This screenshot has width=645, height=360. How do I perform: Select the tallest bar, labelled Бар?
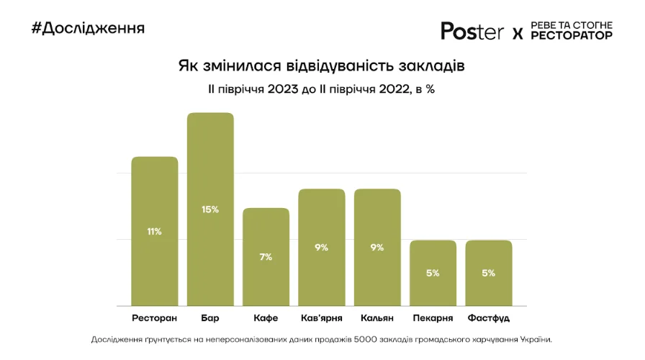coord(210,209)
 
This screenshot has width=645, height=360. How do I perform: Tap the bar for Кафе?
coord(266,256)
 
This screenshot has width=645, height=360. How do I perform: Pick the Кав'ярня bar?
coord(322,247)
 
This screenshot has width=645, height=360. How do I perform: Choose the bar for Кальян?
coord(377,247)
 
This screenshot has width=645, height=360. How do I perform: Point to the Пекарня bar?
coord(433,273)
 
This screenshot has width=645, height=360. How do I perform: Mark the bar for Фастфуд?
coord(489,273)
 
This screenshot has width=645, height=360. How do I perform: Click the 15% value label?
coord(210,210)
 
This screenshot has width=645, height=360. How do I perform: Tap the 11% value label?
coord(154,232)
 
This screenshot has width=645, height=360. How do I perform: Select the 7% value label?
coord(266,257)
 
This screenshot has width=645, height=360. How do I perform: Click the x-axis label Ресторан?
coord(154,318)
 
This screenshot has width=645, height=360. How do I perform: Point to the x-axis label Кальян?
coord(377,318)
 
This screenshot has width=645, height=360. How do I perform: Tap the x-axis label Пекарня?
coord(433,318)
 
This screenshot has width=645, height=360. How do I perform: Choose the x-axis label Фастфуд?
coord(489,318)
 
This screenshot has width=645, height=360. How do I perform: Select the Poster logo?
coord(472,31)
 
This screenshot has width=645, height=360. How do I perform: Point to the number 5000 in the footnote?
coord(366,340)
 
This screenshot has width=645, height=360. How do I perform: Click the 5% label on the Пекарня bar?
coord(433,273)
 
